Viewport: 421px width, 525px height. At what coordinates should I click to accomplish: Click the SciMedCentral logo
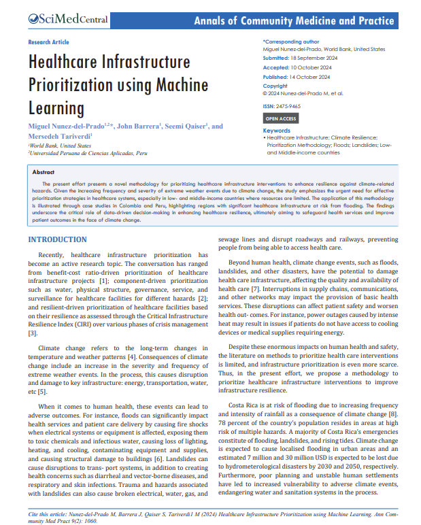point(68,20)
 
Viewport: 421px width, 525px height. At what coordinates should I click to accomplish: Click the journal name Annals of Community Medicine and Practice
point(294,20)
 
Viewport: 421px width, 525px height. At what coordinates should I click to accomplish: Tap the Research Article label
point(49,42)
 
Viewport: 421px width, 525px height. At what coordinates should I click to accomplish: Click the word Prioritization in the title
point(68,86)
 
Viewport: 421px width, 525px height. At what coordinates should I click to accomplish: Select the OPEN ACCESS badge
point(280,118)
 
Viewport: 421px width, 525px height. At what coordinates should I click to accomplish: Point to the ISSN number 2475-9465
point(288,107)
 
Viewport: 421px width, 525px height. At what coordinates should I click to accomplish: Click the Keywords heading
point(277,130)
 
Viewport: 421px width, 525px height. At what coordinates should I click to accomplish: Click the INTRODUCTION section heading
point(57,239)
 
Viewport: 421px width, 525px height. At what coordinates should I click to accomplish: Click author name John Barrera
point(139,126)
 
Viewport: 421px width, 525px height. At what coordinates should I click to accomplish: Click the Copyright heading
point(275,86)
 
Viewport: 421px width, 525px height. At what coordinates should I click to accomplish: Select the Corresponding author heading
point(292,41)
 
